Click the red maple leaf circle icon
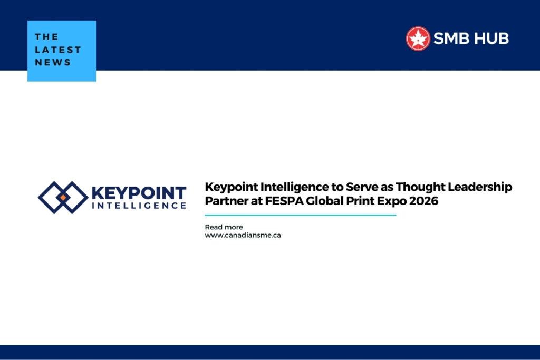[418, 38]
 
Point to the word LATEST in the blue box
[58, 50]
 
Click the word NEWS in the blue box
[53, 62]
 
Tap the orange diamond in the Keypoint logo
[63, 198]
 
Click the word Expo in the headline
[391, 201]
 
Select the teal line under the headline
[300, 215]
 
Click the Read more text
[224, 227]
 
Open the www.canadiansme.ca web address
[243, 235]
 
